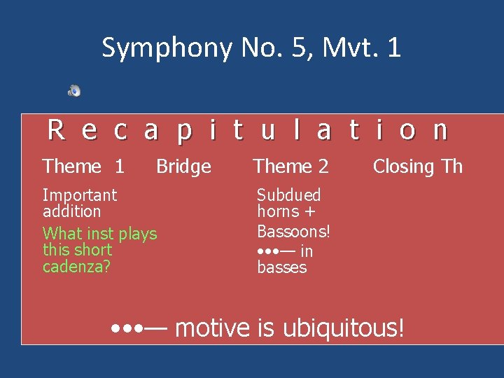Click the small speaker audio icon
tap(74, 90)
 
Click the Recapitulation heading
tap(247, 130)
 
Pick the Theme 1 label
tap(83, 167)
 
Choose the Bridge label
tap(183, 167)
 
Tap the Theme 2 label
tap(290, 167)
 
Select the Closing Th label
tap(417, 167)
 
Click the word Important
tap(80, 195)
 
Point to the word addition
tap(72, 211)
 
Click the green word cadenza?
tap(76, 267)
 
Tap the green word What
tap(62, 234)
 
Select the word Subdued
tap(288, 195)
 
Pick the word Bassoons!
tap(293, 231)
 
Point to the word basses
tap(282, 267)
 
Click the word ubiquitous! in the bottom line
tap(343, 328)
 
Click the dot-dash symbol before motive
tap(140, 328)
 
